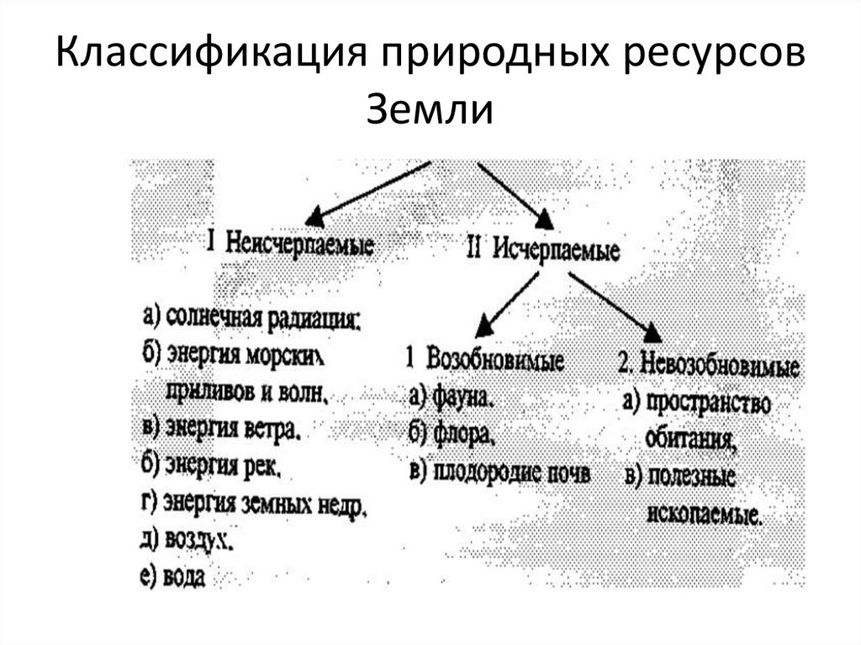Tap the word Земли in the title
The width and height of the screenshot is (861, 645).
tap(429, 110)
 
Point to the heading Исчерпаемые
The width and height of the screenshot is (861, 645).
tap(556, 250)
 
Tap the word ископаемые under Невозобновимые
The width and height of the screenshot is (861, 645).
tap(705, 515)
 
